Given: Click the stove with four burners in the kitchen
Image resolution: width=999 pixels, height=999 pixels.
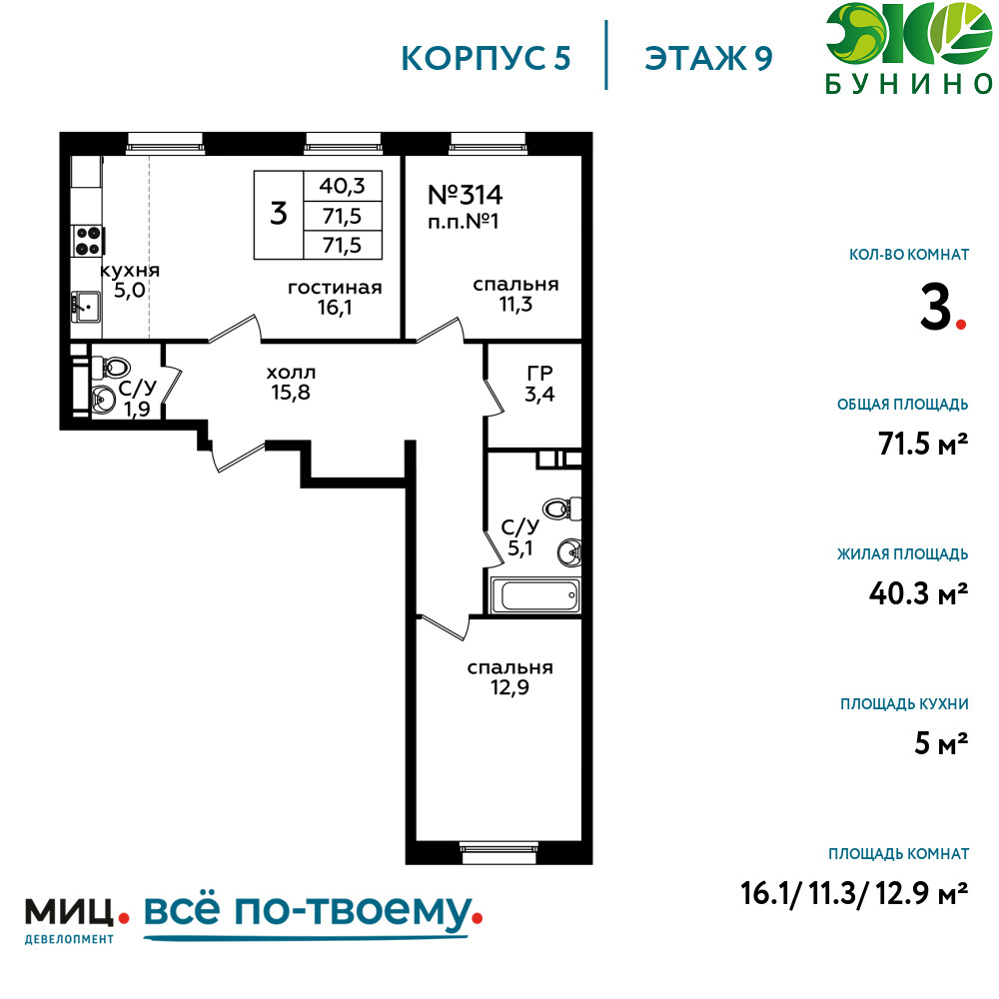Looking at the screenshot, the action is click(89, 240).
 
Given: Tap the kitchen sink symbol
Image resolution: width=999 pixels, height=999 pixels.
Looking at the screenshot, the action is click(86, 307).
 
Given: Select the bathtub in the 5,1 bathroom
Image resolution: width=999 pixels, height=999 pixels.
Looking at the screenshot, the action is click(534, 595).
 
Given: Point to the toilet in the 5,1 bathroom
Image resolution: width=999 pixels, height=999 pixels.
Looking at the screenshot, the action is click(561, 508).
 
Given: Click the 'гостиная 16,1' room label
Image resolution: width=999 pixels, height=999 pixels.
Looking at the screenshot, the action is click(335, 298).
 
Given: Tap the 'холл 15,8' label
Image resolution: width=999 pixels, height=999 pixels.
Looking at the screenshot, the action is click(291, 383).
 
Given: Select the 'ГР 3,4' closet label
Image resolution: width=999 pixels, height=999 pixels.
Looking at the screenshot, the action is click(539, 384).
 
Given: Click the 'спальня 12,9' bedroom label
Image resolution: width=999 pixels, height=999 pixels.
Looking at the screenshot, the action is click(509, 677).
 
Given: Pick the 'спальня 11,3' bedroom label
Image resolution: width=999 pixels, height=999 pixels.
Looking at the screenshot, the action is click(515, 295).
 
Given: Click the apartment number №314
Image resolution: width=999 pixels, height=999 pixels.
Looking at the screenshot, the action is click(466, 195).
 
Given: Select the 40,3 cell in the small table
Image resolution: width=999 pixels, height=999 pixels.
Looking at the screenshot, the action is click(342, 186).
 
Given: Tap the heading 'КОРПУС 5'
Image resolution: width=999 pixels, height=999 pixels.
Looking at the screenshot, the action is click(486, 59).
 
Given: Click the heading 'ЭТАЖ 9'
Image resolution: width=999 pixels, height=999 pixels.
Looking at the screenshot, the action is click(708, 59).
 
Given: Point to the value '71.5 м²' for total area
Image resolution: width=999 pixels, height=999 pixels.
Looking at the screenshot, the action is click(923, 444).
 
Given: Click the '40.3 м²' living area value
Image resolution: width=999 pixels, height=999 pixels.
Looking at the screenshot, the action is click(919, 593).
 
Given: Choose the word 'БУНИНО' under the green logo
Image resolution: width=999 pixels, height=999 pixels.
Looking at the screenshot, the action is click(909, 85).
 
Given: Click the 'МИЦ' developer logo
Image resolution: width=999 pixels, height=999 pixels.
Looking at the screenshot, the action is click(69, 912).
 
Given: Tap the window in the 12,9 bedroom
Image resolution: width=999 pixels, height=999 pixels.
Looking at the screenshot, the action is click(499, 853).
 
